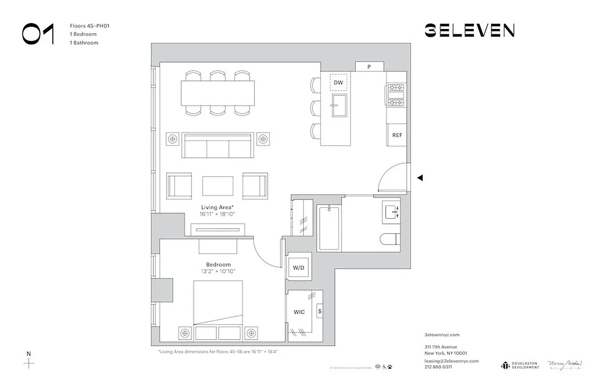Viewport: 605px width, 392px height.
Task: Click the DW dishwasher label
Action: [338, 82]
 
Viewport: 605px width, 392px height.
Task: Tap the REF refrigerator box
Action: [397, 135]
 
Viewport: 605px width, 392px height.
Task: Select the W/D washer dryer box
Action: [299, 268]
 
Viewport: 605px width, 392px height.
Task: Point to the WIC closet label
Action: [299, 312]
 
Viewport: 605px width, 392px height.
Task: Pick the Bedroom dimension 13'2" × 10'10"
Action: [218, 271]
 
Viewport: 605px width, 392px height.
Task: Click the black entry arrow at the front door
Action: [419, 178]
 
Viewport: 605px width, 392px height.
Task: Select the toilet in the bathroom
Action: [391, 239]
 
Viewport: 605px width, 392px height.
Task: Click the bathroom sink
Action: [392, 212]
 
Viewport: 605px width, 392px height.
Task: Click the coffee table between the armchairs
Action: [218, 186]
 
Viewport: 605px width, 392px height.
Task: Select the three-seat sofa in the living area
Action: [218, 146]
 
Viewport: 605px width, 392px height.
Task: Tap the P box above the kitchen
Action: [369, 66]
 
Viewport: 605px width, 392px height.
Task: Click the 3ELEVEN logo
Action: [469, 31]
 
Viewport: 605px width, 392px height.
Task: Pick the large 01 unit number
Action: [38, 34]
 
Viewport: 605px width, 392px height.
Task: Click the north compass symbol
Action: [29, 363]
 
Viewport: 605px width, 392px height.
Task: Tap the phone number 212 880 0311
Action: [438, 367]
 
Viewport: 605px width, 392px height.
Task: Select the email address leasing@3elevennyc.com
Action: [451, 361]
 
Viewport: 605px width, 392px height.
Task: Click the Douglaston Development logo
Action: [520, 366]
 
